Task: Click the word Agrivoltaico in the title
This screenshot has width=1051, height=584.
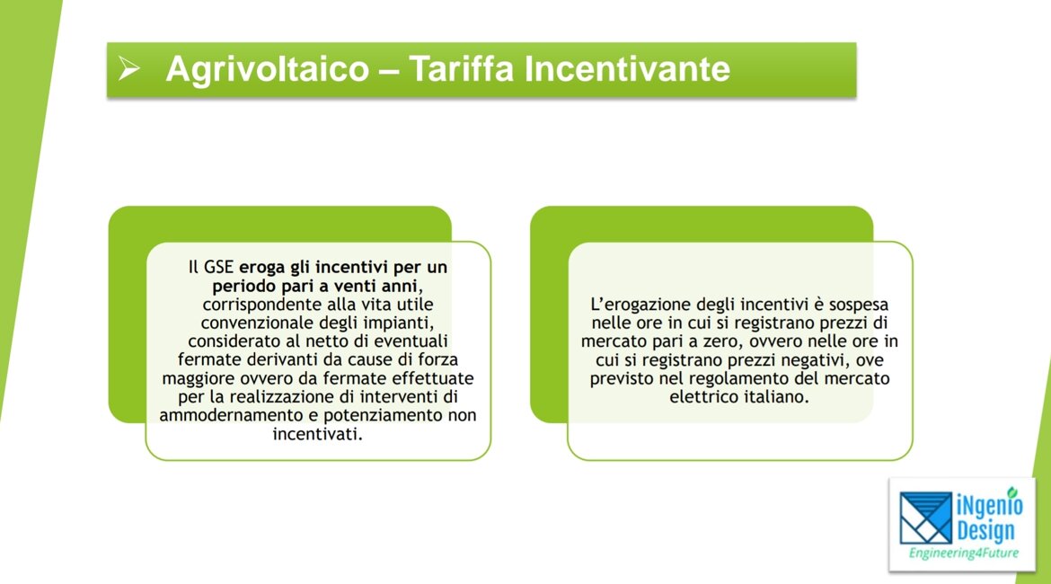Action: (x=267, y=69)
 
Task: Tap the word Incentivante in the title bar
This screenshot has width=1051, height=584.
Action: (x=627, y=68)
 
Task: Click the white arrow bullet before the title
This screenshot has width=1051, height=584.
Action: (x=129, y=67)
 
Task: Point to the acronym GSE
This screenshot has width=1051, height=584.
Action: (x=218, y=267)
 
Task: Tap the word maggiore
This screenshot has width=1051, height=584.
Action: (x=195, y=379)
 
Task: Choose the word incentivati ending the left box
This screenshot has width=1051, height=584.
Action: (x=317, y=434)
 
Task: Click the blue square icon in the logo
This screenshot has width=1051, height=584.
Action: (x=925, y=518)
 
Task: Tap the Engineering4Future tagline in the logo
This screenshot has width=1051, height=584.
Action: (x=963, y=553)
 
